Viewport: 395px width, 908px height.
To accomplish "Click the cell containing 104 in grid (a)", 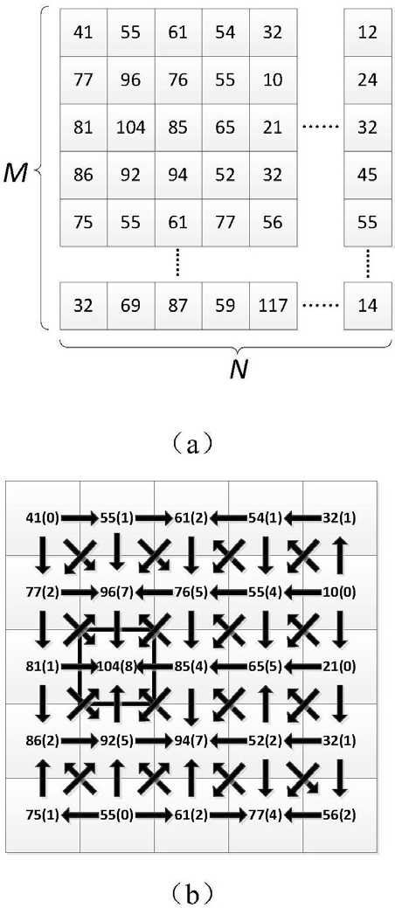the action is point(131,128).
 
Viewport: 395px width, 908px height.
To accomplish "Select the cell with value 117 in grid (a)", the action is point(274,305).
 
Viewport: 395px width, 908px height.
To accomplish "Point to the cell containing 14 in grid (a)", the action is point(367,305).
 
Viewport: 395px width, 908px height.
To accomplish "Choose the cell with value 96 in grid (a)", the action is point(131,80).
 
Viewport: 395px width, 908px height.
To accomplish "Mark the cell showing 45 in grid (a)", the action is point(367,175).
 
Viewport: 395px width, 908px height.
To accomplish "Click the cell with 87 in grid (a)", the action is point(178,305).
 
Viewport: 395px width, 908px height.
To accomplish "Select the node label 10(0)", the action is point(339,593).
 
